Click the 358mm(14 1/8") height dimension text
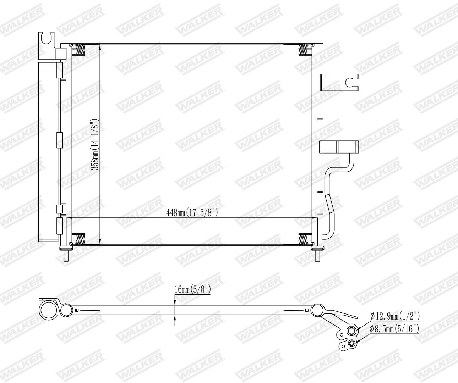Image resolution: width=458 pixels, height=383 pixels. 96,144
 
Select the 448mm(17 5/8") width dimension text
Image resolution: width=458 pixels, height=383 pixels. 192,212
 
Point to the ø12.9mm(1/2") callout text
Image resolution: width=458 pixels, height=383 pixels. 394,316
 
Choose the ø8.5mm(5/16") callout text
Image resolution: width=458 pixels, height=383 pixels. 394,329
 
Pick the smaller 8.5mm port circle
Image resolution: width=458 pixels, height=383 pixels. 351,343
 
